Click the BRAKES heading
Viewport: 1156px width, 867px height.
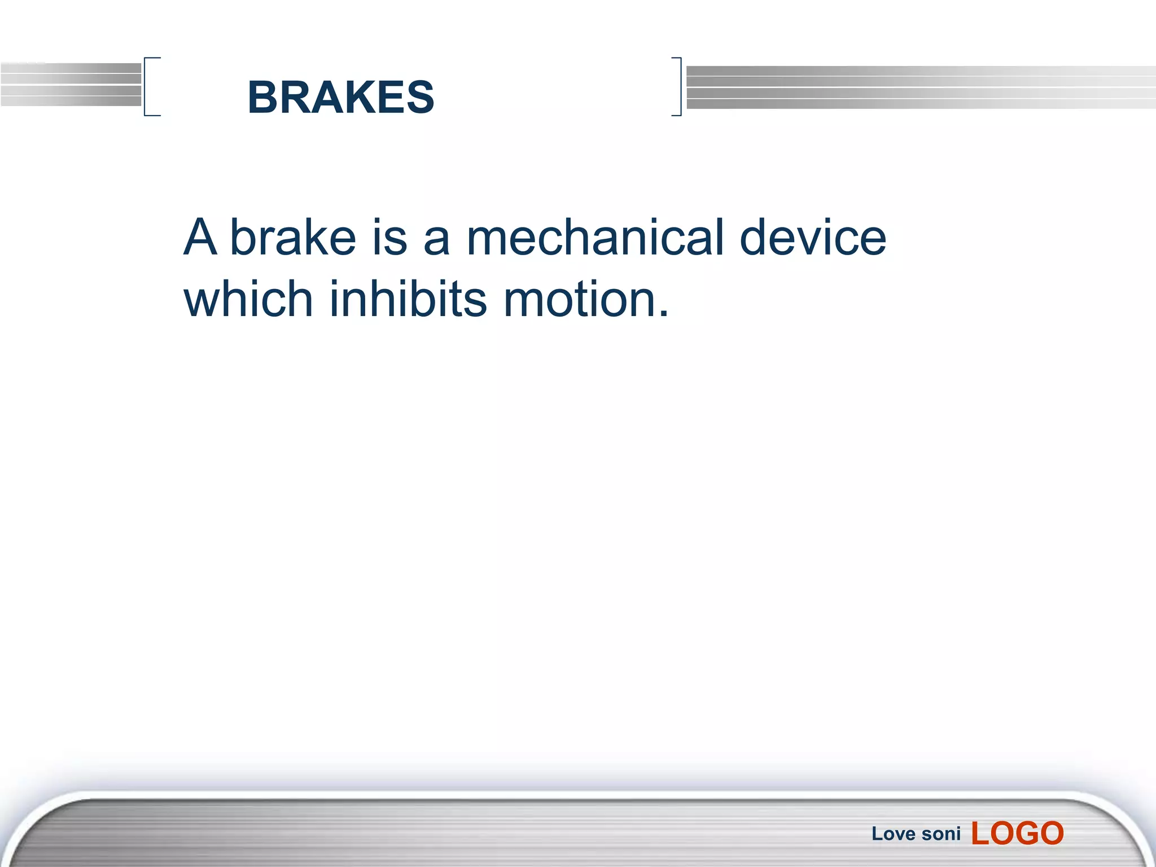(x=341, y=97)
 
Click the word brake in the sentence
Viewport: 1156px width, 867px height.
(x=293, y=238)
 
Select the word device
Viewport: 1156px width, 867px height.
(x=813, y=238)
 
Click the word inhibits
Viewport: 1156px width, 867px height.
(x=408, y=299)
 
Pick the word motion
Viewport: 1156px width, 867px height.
(x=579, y=300)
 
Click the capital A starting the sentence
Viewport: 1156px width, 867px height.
(x=200, y=238)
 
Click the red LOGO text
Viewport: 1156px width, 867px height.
(x=1017, y=833)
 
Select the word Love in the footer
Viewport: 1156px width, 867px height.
(x=893, y=834)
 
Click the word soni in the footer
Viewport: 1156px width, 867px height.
(x=942, y=834)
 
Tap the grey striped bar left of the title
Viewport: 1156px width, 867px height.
(x=71, y=85)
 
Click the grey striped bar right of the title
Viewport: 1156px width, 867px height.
(x=920, y=87)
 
